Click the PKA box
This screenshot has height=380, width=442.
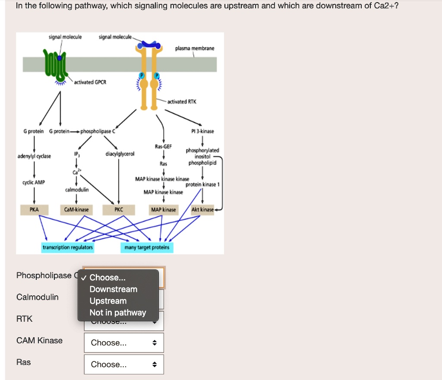[34, 209]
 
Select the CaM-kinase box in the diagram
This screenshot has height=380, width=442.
[76, 209]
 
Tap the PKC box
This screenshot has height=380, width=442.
[119, 209]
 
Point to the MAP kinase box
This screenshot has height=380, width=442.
[163, 209]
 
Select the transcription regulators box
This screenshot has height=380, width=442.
[68, 247]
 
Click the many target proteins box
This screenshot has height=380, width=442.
[147, 247]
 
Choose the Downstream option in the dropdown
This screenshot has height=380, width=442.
[113, 289]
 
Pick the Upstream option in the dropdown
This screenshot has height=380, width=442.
[108, 301]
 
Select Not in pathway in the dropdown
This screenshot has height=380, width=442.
[117, 313]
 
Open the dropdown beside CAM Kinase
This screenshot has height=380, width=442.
[123, 343]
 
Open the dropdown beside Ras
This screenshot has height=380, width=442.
[123, 364]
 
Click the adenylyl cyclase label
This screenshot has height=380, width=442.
[34, 156]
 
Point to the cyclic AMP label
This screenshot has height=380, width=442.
[34, 183]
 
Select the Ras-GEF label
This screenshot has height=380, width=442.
[163, 147]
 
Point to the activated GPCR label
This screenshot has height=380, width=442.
[90, 82]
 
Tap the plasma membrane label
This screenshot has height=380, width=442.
[195, 48]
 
